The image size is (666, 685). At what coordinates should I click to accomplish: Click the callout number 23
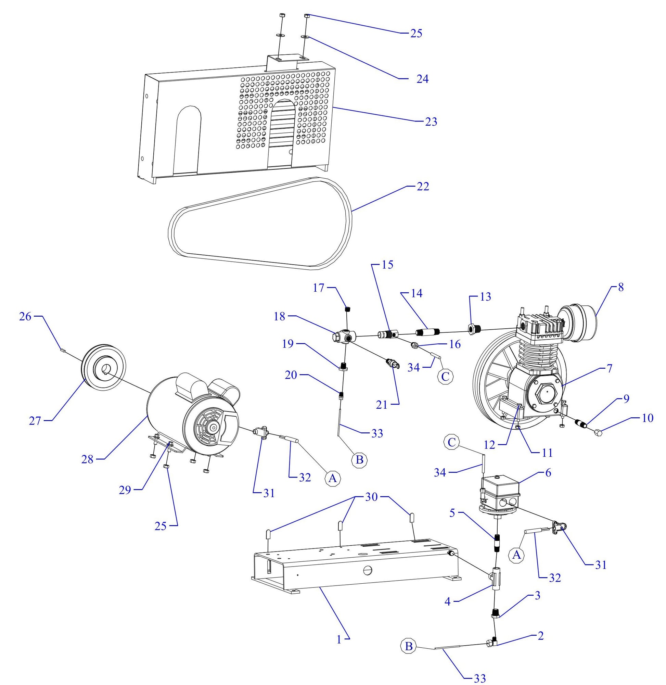pos(431,122)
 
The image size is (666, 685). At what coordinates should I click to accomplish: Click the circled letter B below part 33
pos(360,459)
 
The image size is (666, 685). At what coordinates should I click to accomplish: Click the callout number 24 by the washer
pos(422,79)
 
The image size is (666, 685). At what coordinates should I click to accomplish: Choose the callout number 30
pos(371,497)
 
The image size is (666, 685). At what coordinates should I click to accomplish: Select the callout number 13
pos(486,297)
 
